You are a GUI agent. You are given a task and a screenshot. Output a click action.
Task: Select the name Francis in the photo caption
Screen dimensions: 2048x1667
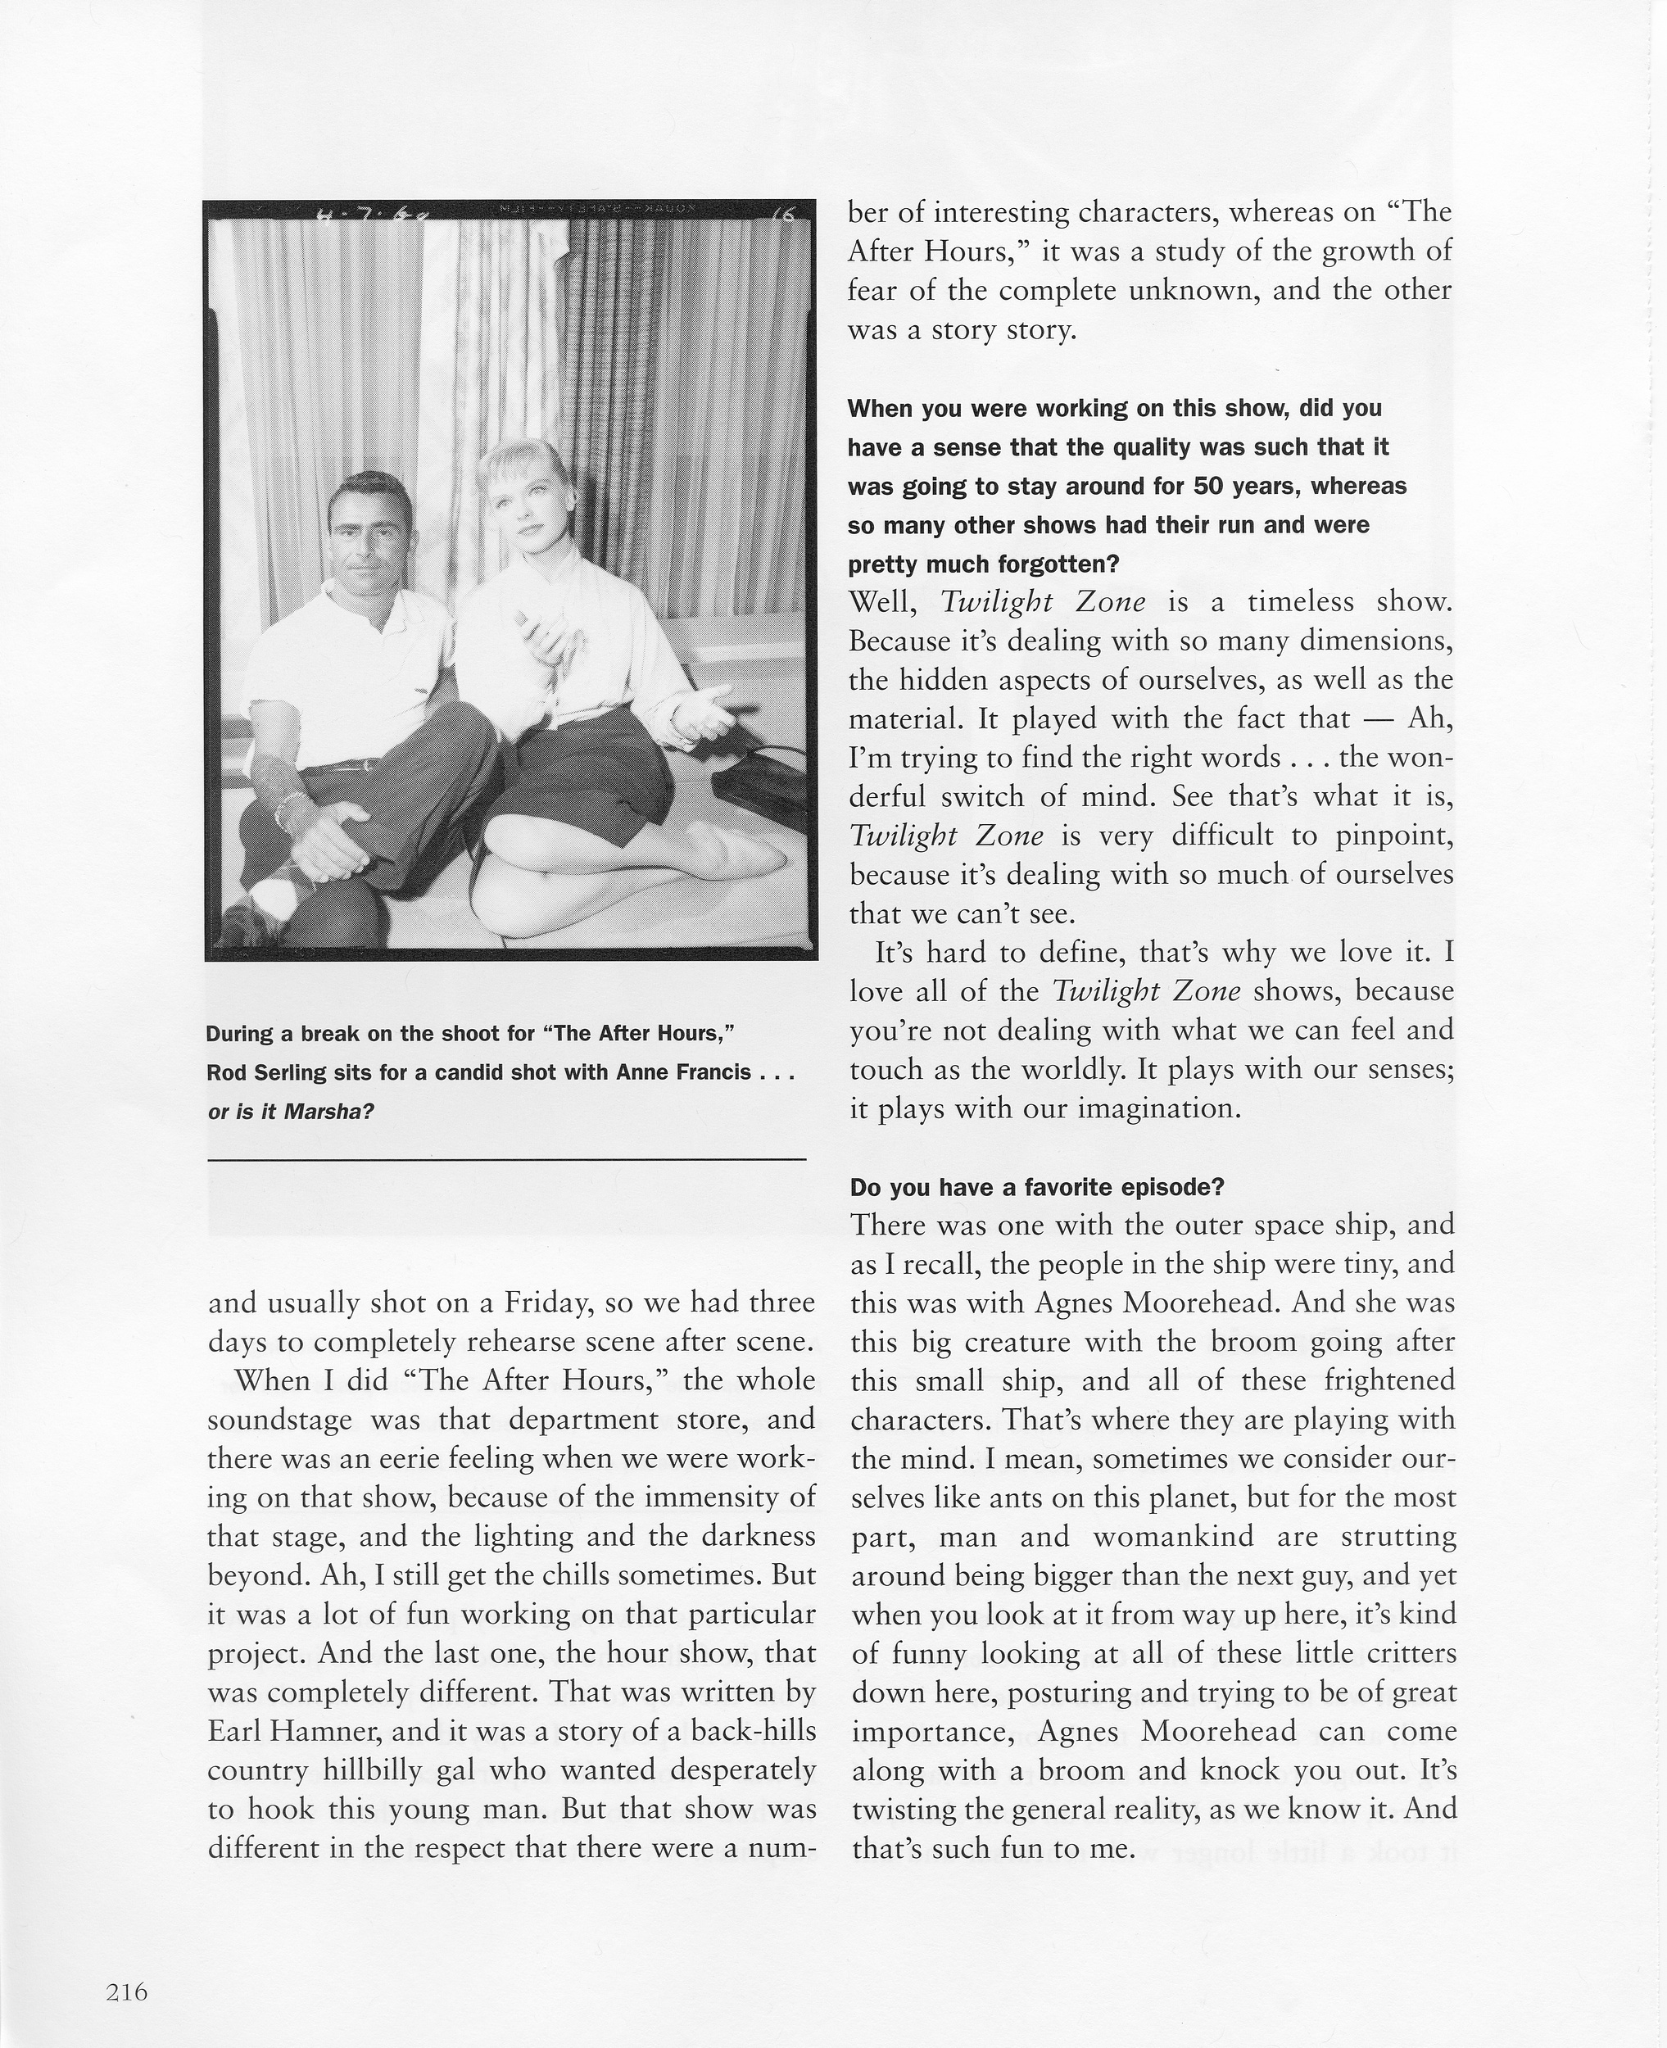710,1072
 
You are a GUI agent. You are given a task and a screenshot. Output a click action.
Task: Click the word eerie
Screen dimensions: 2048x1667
453,1458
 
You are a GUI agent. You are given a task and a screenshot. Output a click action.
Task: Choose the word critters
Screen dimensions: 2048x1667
1404,1653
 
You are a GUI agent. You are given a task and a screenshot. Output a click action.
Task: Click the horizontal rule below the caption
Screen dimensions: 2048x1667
506,1160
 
